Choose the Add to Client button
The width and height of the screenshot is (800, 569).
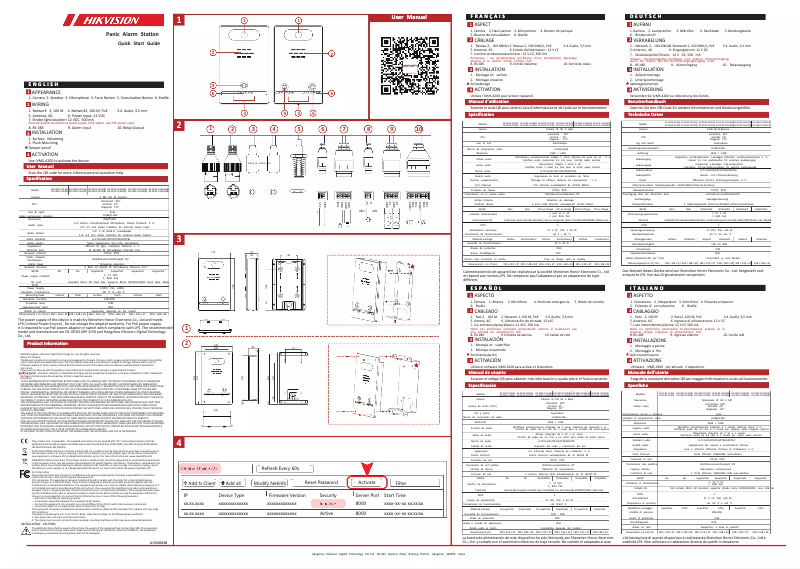point(205,454)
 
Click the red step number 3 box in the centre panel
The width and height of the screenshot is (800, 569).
point(179,240)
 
